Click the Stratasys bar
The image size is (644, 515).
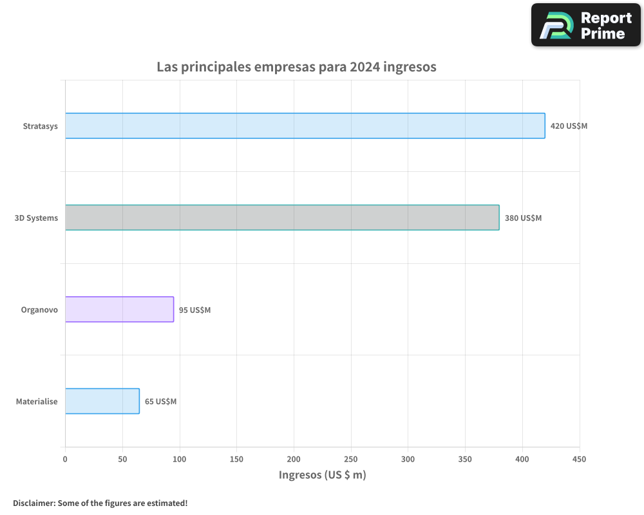(x=305, y=126)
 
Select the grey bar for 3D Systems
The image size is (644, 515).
(x=282, y=218)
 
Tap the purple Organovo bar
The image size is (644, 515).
(x=119, y=309)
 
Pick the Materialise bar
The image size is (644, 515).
(x=102, y=401)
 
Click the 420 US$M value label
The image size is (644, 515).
(x=569, y=126)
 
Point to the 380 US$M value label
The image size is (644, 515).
(x=523, y=218)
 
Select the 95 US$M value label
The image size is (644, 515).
(x=194, y=310)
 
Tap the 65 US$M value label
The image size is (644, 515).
(x=160, y=402)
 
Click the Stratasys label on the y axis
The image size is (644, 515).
(x=40, y=126)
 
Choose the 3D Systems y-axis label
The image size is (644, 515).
(x=36, y=218)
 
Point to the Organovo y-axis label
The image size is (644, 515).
(x=39, y=310)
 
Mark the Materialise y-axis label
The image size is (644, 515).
(x=37, y=402)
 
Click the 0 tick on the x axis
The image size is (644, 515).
(x=65, y=459)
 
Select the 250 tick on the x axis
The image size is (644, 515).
(x=351, y=459)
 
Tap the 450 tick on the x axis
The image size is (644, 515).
(x=580, y=459)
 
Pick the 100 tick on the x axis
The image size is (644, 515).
(x=180, y=459)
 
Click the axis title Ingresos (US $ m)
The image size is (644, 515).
(x=322, y=475)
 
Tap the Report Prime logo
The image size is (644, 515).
(x=586, y=25)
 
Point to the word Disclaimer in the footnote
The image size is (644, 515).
(x=33, y=503)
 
